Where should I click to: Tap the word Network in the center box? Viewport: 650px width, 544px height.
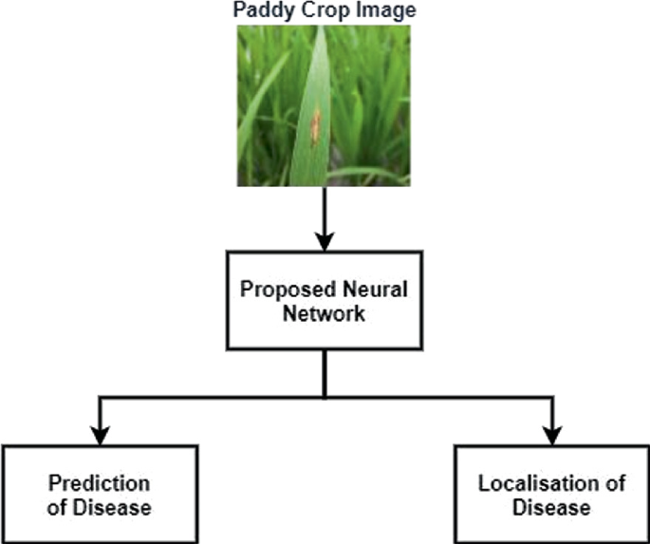click(324, 315)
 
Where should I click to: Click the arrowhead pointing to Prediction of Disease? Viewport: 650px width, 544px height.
click(99, 435)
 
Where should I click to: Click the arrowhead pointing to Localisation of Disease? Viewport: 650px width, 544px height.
click(549, 435)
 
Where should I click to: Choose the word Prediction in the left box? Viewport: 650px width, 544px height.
click(99, 483)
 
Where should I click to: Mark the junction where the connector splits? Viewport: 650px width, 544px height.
click(324, 396)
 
